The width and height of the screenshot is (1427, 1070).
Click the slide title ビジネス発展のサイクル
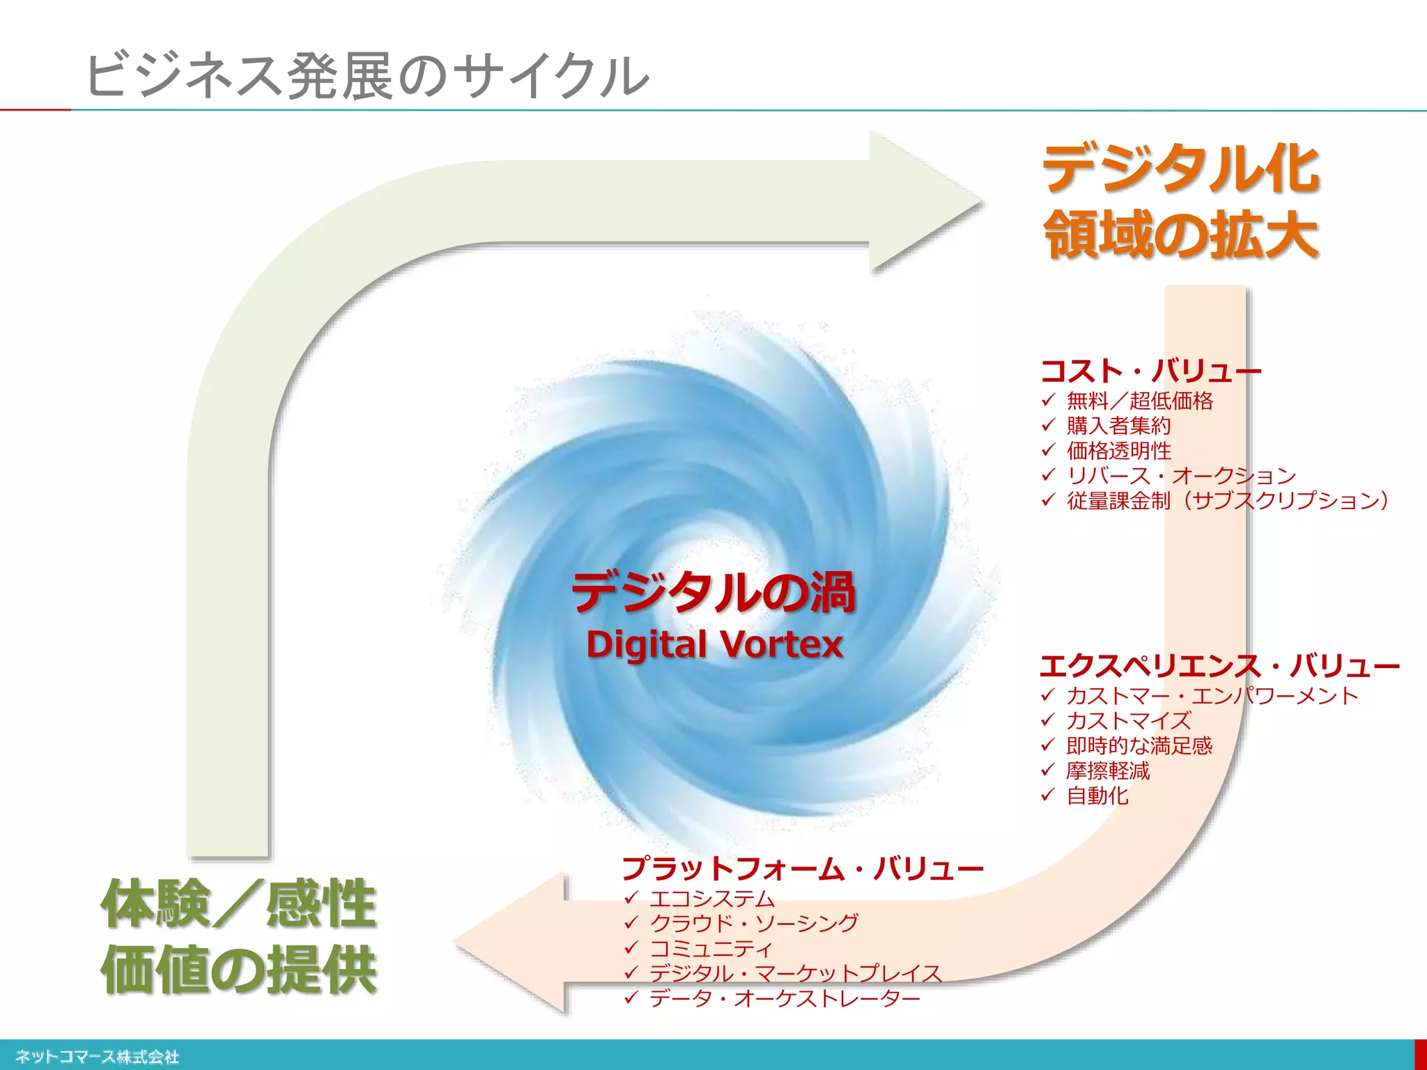(367, 75)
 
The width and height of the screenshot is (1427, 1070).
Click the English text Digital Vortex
(714, 644)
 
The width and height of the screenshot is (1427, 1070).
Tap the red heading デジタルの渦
(713, 593)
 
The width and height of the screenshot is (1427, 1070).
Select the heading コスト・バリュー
(1150, 371)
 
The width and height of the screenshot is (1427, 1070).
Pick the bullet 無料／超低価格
(1139, 401)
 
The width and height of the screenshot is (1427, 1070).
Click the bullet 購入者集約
(1118, 426)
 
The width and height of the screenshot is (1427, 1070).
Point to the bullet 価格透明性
(1118, 451)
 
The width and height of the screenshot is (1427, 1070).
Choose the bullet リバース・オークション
(1181, 476)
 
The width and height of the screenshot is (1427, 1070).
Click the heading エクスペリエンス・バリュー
(1219, 666)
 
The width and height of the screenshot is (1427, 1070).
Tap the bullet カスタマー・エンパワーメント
(1212, 695)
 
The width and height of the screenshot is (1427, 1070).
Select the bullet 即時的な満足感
(1139, 745)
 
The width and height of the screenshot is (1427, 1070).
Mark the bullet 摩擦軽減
(1108, 770)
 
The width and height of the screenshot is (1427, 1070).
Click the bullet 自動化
(1097, 796)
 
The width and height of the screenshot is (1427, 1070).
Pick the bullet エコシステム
(711, 898)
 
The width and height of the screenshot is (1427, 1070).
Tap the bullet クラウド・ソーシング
(753, 923)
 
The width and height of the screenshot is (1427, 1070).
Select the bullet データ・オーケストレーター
(785, 998)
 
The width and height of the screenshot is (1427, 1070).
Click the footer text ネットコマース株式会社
(97, 1057)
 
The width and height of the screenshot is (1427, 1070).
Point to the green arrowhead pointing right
(920, 202)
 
